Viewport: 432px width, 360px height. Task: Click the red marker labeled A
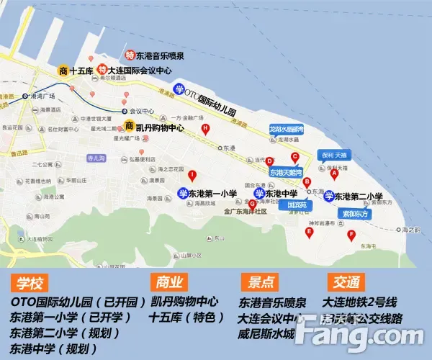pos(334,174)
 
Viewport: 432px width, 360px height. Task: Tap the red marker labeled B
pos(307,182)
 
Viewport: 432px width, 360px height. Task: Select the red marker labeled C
pos(294,157)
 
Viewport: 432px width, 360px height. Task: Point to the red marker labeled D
pos(269,161)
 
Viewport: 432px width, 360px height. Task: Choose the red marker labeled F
pos(351,235)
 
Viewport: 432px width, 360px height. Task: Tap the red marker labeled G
pos(252,204)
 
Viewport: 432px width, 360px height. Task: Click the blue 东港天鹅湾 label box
pos(287,173)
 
